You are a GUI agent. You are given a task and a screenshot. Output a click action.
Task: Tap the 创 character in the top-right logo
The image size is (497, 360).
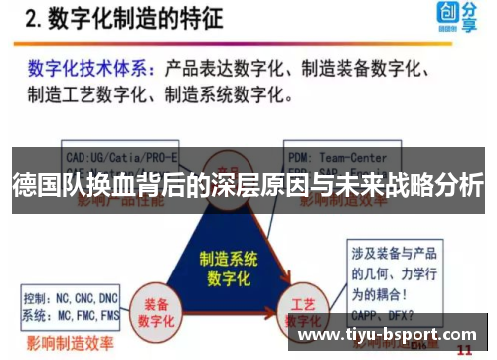[x=445, y=12]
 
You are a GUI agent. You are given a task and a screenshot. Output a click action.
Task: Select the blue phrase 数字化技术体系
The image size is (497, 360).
[x=88, y=69]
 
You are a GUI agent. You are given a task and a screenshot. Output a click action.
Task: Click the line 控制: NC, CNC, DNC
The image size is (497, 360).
[x=72, y=296]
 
